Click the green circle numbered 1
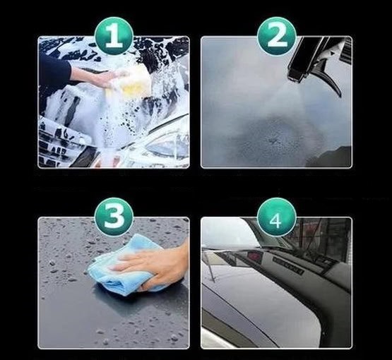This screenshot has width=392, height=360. tap(114, 36)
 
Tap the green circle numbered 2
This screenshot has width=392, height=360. tap(276, 36)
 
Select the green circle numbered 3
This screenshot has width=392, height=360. tap(114, 217)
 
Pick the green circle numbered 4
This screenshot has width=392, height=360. tap(276, 217)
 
